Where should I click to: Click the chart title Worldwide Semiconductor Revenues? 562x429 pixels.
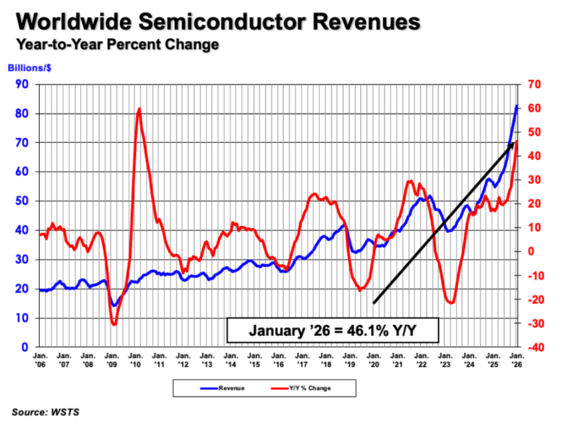[x=219, y=22]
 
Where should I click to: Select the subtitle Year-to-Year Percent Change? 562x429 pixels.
[x=117, y=45]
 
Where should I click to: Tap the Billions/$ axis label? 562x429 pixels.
[x=29, y=68]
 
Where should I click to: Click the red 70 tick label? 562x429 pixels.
[x=534, y=84]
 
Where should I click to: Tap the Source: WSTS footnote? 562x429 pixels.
[x=46, y=412]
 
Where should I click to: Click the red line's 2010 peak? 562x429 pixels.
[x=139, y=108]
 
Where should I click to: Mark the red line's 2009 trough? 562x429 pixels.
[x=113, y=325]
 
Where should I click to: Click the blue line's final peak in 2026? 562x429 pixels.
[x=516, y=106]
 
